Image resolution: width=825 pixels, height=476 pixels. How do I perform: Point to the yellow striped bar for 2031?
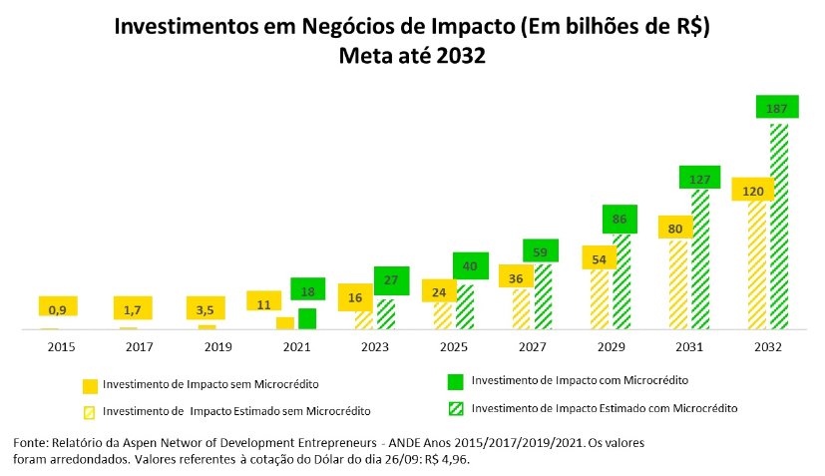coord(678,284)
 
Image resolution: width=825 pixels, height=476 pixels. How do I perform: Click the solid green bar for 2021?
coord(307,319)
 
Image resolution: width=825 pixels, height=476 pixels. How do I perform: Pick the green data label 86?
coord(620,219)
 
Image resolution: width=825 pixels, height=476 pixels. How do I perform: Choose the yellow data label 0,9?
coord(58,308)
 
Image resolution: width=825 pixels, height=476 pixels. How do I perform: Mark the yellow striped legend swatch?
coord(89,411)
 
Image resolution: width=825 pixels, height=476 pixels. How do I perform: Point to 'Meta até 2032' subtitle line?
coord(412,57)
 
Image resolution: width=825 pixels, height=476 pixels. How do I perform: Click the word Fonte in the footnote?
coord(29,441)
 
